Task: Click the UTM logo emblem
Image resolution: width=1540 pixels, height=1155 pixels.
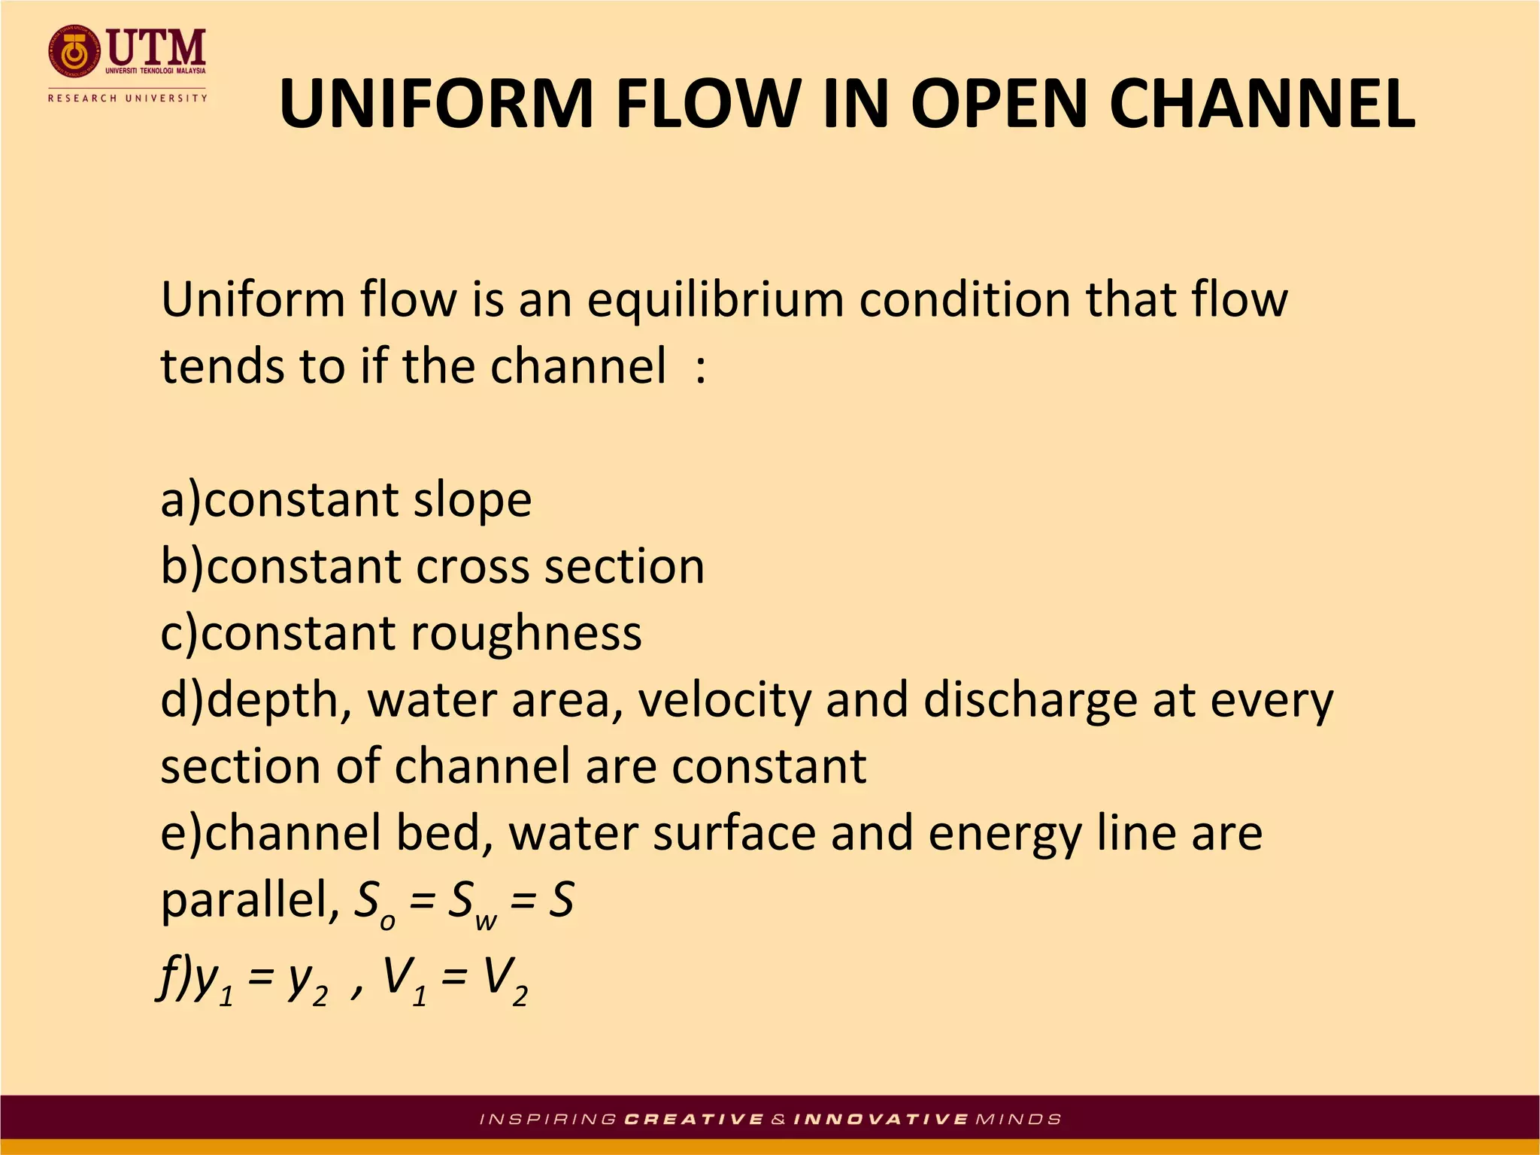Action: pos(74,53)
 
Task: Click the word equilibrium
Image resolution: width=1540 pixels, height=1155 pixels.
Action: pos(716,300)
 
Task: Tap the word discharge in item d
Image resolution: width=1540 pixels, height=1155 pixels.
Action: pos(1030,700)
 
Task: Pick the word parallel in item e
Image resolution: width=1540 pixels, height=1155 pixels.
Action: pos(249,900)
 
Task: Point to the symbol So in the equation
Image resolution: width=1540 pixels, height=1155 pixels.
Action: pos(374,902)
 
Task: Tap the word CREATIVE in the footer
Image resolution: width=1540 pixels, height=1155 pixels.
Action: pos(694,1119)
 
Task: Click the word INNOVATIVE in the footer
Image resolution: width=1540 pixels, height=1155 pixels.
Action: pos(881,1119)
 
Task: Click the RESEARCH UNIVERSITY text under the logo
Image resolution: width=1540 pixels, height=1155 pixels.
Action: pos(127,98)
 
